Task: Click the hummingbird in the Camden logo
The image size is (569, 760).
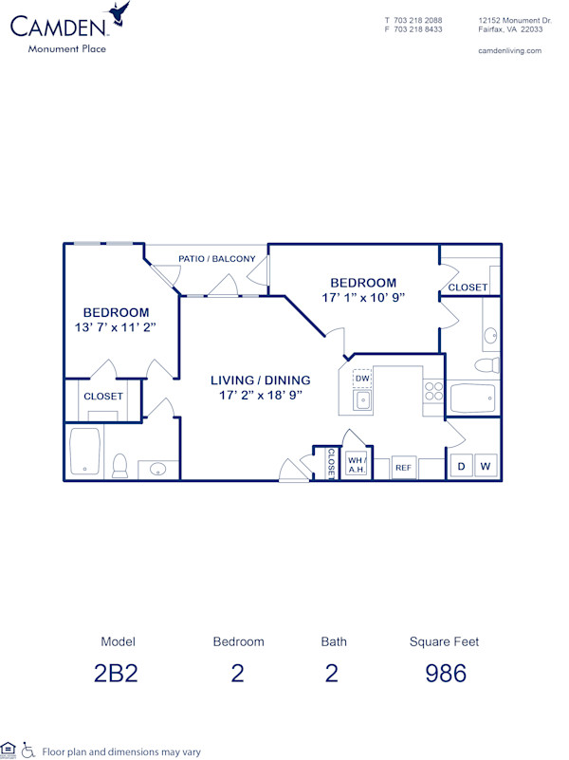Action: [119, 13]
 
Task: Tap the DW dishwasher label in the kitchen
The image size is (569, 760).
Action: [362, 379]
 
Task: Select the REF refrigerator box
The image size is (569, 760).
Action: [404, 468]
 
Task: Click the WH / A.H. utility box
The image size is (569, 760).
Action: [357, 464]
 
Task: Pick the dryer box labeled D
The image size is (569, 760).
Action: [462, 466]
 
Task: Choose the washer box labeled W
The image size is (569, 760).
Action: [486, 466]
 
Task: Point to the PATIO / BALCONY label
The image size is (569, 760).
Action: [216, 258]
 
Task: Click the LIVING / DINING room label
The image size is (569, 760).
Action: [260, 380]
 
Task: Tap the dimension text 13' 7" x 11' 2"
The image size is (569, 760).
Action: [116, 327]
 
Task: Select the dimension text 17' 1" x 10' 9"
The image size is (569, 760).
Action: [362, 298]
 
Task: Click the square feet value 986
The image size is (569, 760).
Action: [445, 674]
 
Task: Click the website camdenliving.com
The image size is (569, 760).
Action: [510, 50]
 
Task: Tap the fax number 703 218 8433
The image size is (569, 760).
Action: [419, 29]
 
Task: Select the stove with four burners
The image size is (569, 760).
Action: [432, 392]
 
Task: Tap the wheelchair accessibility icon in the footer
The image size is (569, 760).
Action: [28, 751]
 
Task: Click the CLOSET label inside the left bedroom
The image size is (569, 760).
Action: [103, 397]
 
